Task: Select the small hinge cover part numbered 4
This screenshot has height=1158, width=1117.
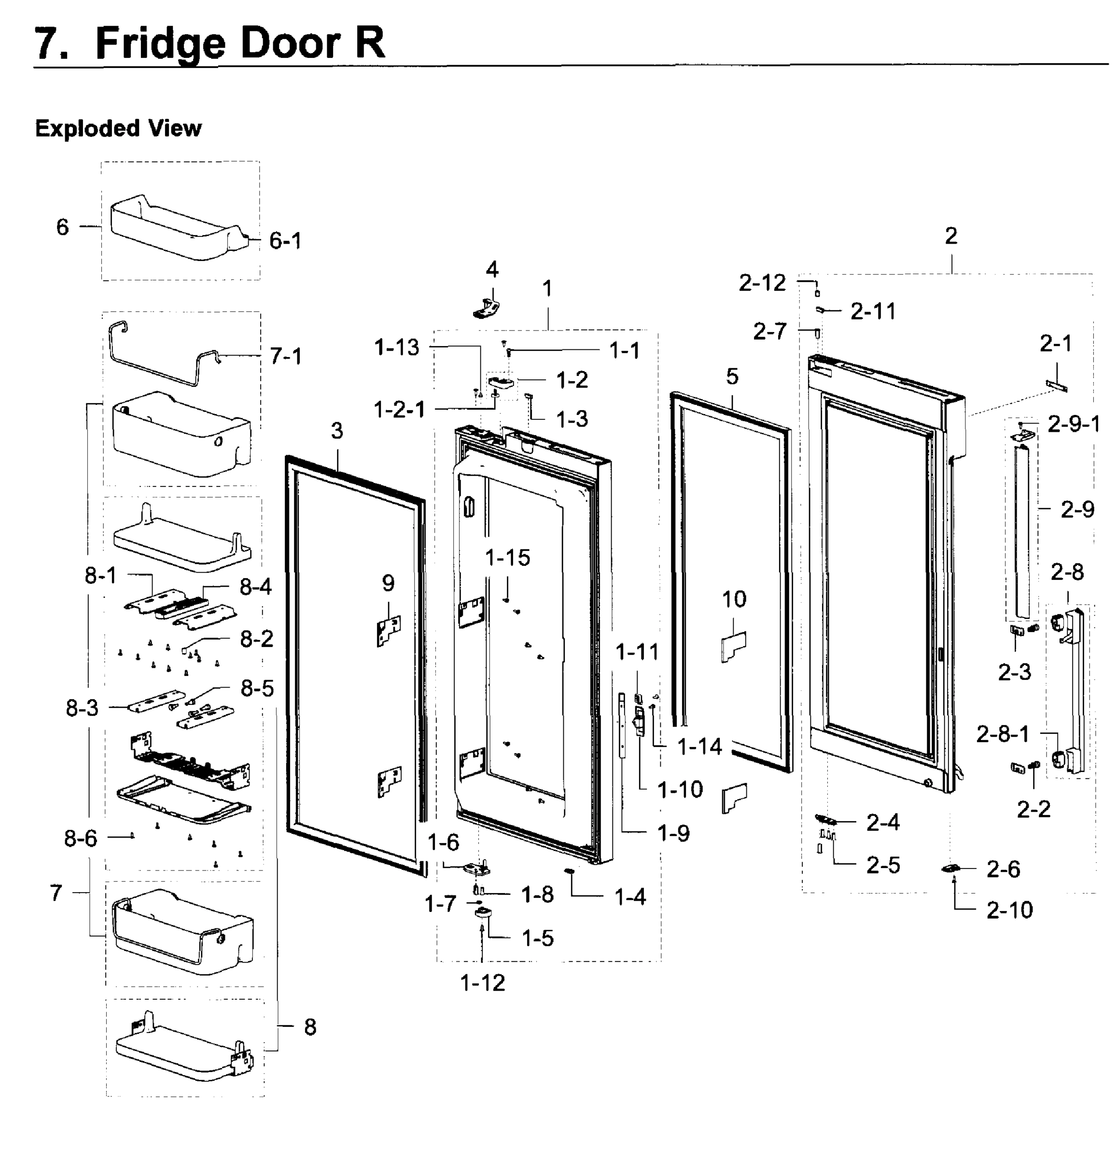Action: (x=488, y=307)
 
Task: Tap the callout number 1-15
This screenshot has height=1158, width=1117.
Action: (x=508, y=557)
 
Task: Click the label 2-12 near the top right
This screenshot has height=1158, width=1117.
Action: (x=762, y=283)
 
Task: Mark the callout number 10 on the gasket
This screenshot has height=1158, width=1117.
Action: (x=734, y=599)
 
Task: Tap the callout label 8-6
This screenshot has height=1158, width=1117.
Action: (x=81, y=838)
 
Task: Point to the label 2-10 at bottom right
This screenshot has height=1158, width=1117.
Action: (x=1009, y=910)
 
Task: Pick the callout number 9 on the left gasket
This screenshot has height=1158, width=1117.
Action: (x=388, y=583)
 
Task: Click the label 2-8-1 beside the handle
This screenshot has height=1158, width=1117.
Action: (x=1002, y=734)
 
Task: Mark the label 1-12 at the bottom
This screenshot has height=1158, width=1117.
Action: (x=482, y=983)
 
